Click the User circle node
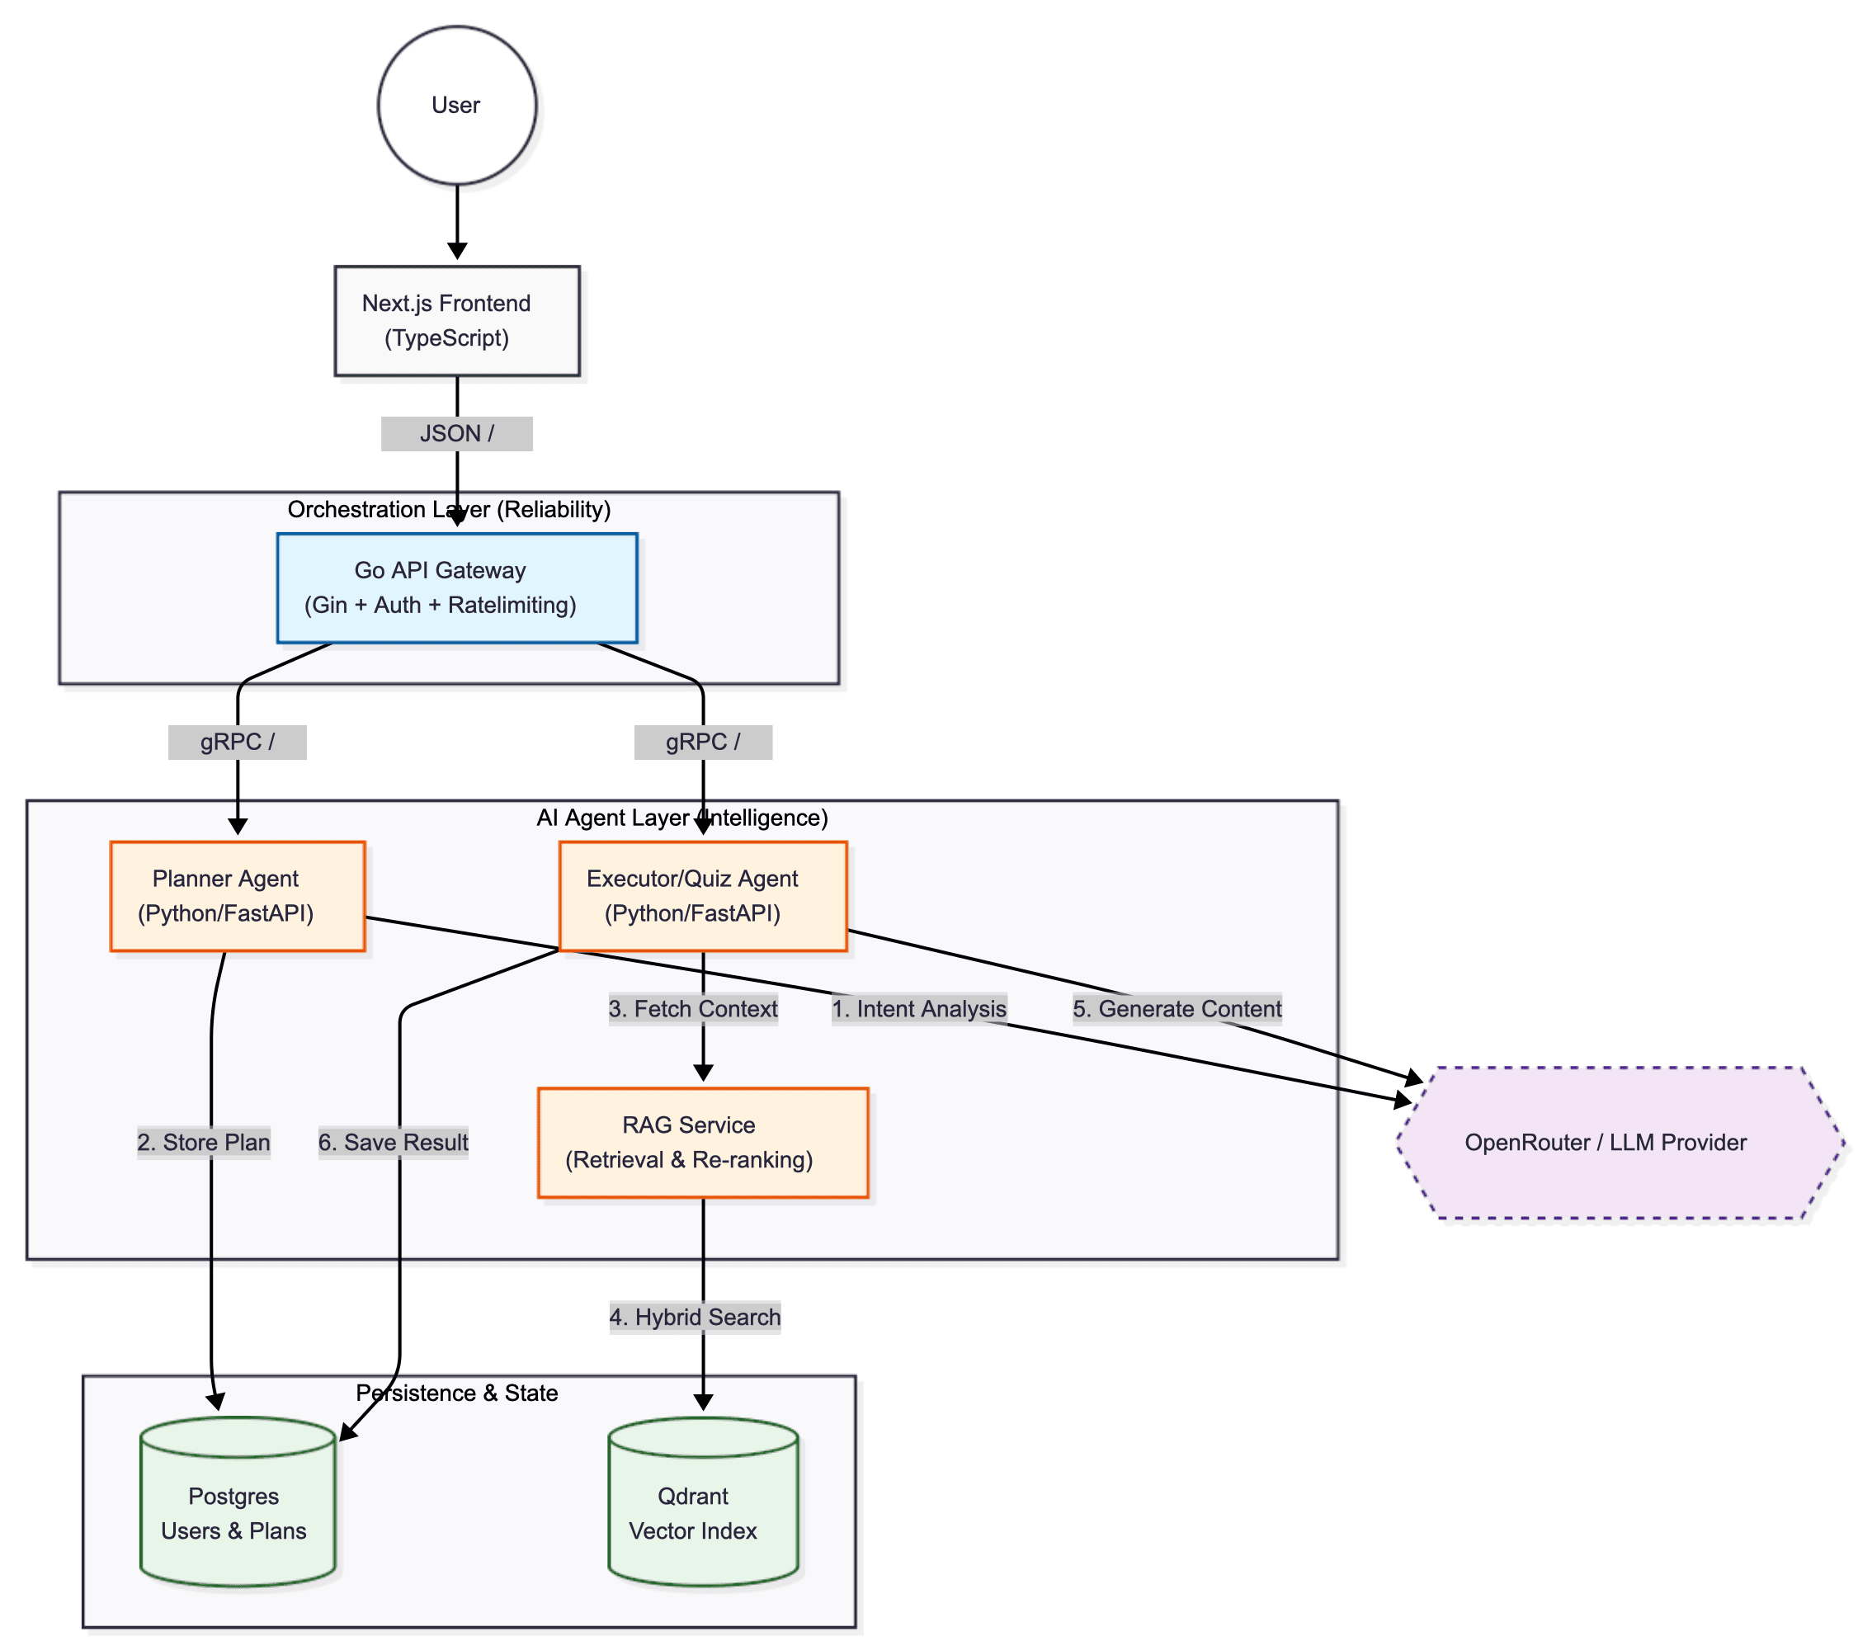pyautogui.click(x=456, y=106)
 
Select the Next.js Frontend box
pyautogui.click(x=456, y=320)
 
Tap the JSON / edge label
pyautogui.click(x=456, y=434)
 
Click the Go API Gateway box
pyautogui.click(x=456, y=587)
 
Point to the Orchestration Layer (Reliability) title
pyautogui.click(x=449, y=509)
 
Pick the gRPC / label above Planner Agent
pyautogui.click(x=238, y=742)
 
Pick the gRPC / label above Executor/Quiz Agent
pyautogui.click(x=703, y=742)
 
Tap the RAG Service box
pyautogui.click(x=703, y=1142)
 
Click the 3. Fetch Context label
pyautogui.click(x=693, y=1008)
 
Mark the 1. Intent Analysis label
pyautogui.click(x=919, y=1008)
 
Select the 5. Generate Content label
pyautogui.click(x=1177, y=1008)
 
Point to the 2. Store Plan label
pyautogui.click(x=204, y=1142)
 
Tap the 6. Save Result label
pyautogui.click(x=393, y=1142)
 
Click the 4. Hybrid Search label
pyautogui.click(x=695, y=1317)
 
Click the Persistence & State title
pyautogui.click(x=456, y=1393)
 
